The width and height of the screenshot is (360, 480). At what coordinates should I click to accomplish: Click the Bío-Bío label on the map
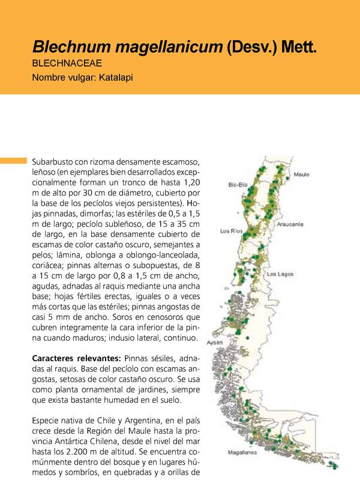coord(238,185)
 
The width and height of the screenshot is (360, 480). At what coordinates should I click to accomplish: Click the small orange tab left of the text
coord(13,161)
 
